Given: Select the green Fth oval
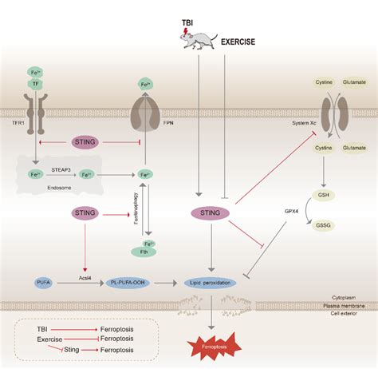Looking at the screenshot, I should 149,252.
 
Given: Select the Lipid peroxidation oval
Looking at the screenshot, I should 211,282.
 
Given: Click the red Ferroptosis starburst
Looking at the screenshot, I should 211,346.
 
